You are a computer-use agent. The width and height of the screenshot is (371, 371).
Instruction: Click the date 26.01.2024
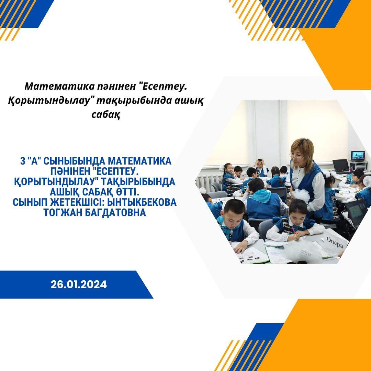point(79,284)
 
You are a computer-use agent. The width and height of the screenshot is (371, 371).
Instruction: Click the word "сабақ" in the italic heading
point(106,115)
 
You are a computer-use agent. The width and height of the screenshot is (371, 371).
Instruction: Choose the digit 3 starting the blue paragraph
point(23,161)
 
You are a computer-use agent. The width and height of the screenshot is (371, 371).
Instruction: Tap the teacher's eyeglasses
point(296,156)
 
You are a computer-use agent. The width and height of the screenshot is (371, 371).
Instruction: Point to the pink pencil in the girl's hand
point(293,230)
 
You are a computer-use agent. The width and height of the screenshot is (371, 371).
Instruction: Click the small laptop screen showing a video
point(358,156)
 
